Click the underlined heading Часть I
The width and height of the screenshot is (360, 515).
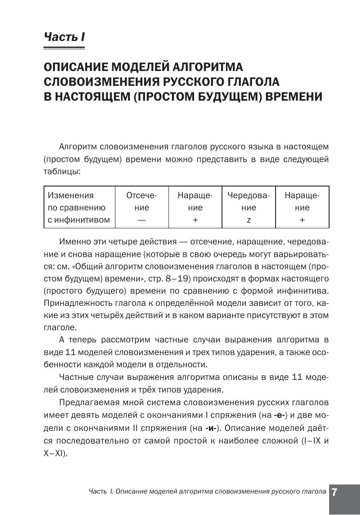64,37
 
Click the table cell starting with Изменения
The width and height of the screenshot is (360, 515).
79,207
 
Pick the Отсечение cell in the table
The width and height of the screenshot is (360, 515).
141,207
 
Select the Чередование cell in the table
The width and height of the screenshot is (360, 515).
248,207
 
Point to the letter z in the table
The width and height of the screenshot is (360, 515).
249,220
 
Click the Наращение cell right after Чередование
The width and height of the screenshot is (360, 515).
302,207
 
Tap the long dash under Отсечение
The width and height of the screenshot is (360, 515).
141,220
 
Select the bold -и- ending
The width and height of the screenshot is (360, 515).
211,426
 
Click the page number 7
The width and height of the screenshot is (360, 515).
335,492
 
